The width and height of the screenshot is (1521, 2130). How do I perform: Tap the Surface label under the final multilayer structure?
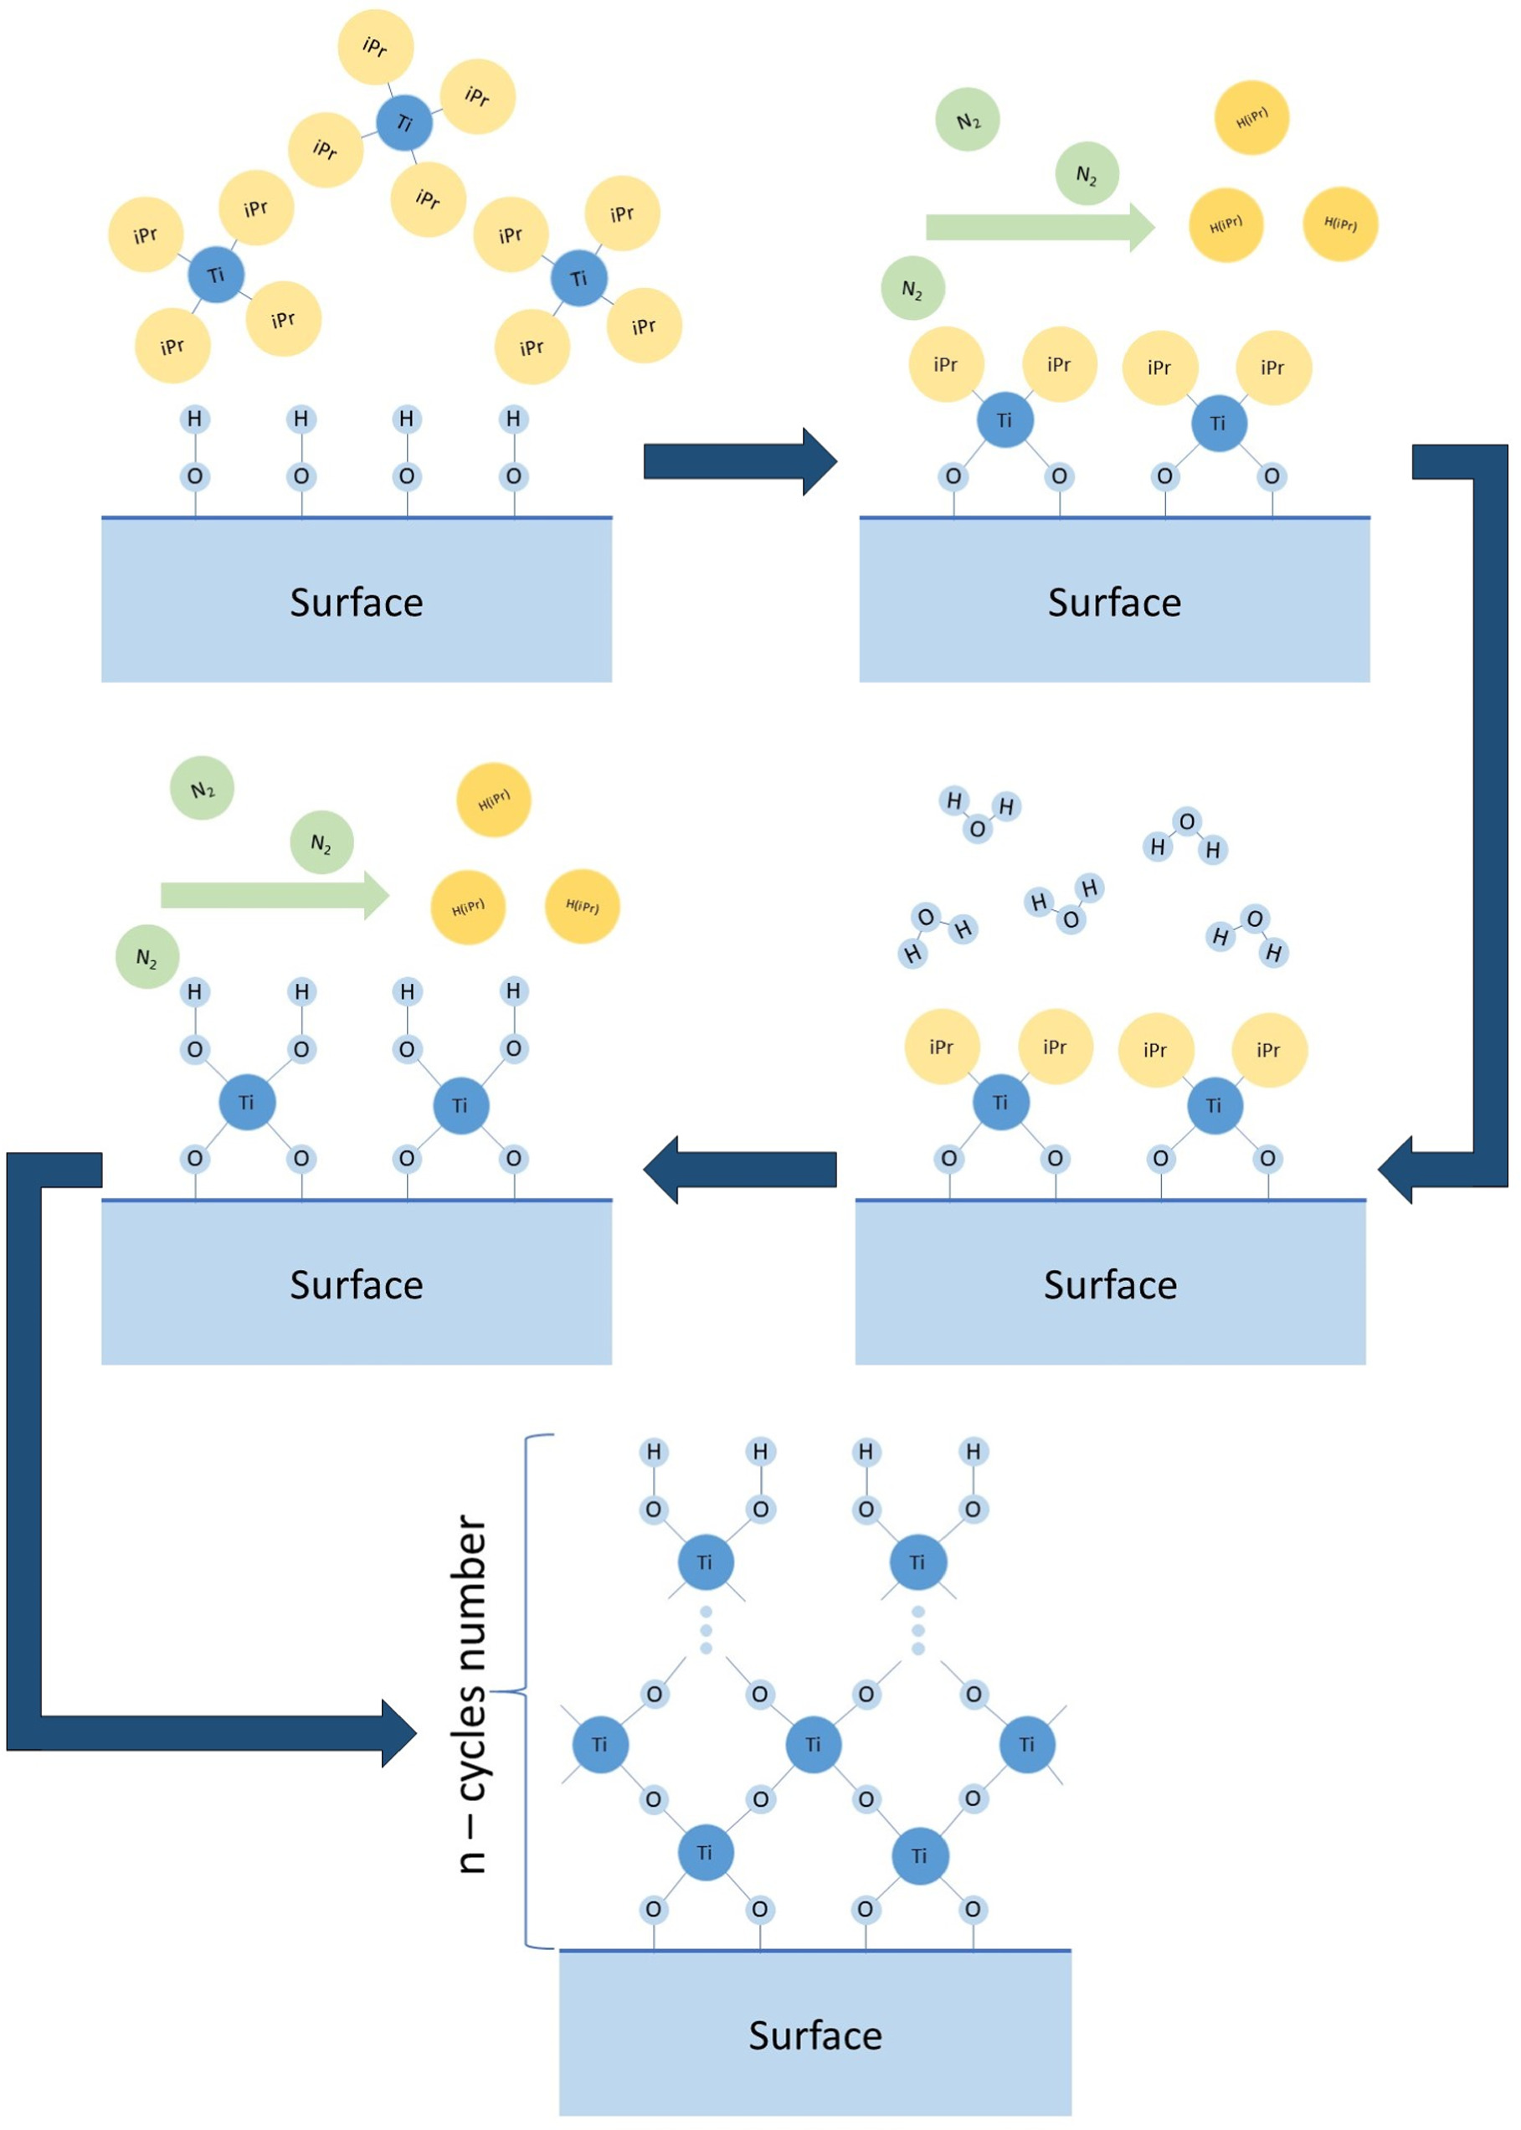(814, 2035)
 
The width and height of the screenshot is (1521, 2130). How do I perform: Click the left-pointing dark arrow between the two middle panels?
(740, 1169)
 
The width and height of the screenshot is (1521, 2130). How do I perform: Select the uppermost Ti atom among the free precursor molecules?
(404, 121)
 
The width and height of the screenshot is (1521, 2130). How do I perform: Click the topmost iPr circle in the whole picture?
(375, 47)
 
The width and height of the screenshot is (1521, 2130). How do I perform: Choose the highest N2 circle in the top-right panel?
(968, 120)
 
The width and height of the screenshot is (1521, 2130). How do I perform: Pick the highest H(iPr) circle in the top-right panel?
(1251, 118)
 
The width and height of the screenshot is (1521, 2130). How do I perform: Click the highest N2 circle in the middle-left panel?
(202, 788)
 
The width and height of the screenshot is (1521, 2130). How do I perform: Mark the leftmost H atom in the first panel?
(195, 419)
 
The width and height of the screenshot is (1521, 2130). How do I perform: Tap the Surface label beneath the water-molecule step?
(1110, 1284)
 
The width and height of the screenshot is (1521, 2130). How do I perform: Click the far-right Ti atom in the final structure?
(1026, 1744)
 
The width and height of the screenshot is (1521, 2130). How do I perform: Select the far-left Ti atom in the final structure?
(599, 1744)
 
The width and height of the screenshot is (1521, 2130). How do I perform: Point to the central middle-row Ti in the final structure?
(812, 1744)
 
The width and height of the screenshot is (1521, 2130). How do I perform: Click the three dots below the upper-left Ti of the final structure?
(707, 1630)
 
